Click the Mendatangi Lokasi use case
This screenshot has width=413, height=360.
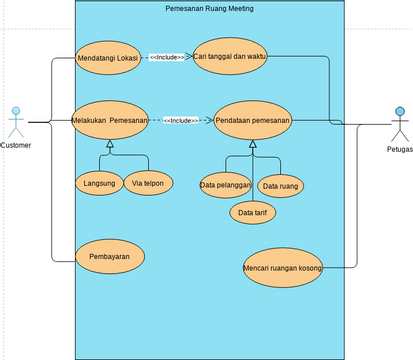pyautogui.click(x=107, y=58)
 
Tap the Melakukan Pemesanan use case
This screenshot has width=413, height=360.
pyautogui.click(x=110, y=120)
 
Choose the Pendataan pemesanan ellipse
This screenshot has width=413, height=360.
pyautogui.click(x=252, y=120)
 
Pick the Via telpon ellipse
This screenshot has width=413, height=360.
pyautogui.click(x=149, y=183)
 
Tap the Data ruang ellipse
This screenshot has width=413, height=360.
pyautogui.click(x=281, y=186)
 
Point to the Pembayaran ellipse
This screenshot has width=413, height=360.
pyautogui.click(x=110, y=257)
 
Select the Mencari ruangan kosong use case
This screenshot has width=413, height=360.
pyautogui.click(x=284, y=267)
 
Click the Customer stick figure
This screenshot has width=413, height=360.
pyautogui.click(x=15, y=121)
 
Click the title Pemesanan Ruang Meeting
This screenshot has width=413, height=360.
pyautogui.click(x=209, y=8)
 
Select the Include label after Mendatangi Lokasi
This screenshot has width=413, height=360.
pyautogui.click(x=166, y=58)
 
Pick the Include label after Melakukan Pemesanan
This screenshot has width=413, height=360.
pyautogui.click(x=180, y=120)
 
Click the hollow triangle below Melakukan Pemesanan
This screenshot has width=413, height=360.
pyautogui.click(x=110, y=146)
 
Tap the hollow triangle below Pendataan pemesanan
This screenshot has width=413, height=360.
pyautogui.click(x=252, y=146)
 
